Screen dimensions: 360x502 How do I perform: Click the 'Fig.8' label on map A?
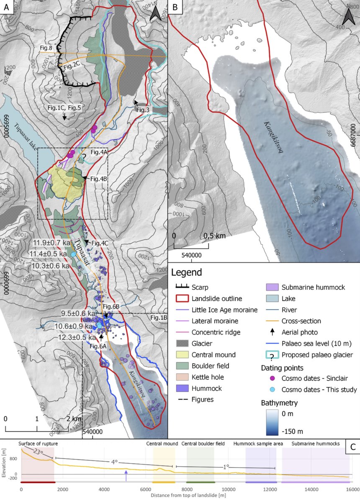tap(46, 48)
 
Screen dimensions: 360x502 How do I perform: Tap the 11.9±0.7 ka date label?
tap(51, 243)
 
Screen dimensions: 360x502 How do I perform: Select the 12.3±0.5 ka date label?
tap(73, 336)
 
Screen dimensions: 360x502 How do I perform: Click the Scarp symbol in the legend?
tap(182, 287)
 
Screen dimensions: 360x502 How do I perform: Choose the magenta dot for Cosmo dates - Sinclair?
tap(272, 378)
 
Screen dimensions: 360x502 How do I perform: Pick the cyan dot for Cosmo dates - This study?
tap(272, 389)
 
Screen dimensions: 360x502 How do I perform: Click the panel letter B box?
tap(175, 7)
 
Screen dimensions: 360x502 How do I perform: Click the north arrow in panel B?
tap(348, 17)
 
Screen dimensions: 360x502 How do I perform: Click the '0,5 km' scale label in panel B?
tap(214, 236)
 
